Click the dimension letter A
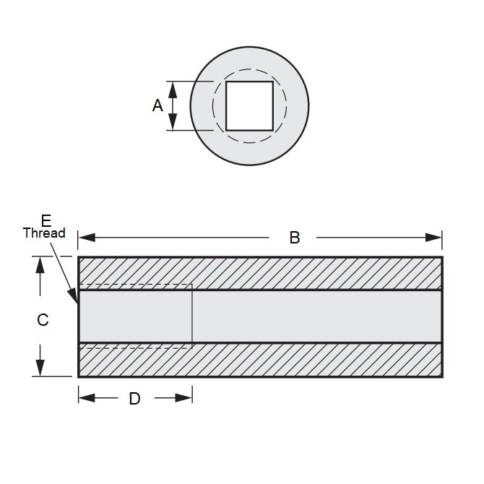click(x=158, y=105)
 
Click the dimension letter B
click(x=294, y=237)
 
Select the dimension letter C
click(x=43, y=319)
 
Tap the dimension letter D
click(x=134, y=398)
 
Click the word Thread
click(x=44, y=233)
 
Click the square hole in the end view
click(x=249, y=105)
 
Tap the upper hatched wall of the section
click(x=260, y=273)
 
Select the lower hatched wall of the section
click(x=260, y=360)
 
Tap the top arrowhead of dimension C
click(x=40, y=264)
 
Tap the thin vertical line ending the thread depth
click(x=192, y=316)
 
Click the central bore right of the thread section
click(x=318, y=316)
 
